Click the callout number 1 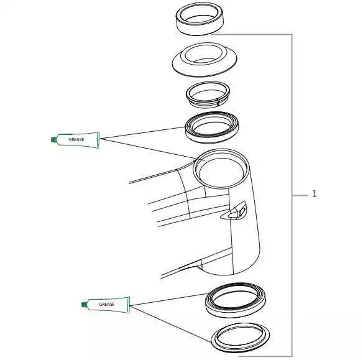[x=314, y=194]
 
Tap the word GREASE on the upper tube [x=76, y=140]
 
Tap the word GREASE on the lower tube [x=107, y=304]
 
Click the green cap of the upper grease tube [x=53, y=139]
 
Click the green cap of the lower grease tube [x=85, y=304]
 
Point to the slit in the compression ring [x=218, y=102]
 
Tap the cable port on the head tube [x=234, y=211]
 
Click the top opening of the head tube [x=221, y=168]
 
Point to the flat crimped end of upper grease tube [x=98, y=140]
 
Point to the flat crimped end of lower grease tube [x=129, y=305]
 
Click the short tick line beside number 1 [x=300, y=196]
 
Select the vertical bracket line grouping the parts [x=292, y=195]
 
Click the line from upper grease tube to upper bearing [x=142, y=132]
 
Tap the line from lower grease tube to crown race [x=170, y=324]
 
